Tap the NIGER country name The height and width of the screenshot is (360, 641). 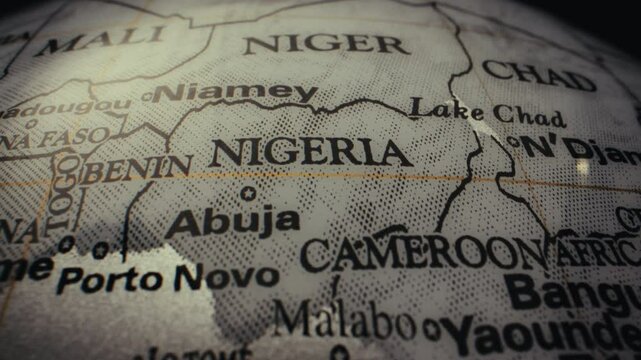pyautogui.click(x=325, y=44)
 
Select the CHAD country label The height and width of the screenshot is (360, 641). pyautogui.click(x=537, y=75)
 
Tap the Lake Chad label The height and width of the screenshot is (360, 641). pyautogui.click(x=486, y=110)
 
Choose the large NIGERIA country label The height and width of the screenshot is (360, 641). pyautogui.click(x=311, y=153)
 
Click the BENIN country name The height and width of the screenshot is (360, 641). pyautogui.click(x=137, y=168)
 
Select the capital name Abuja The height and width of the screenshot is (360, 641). pyautogui.click(x=232, y=219)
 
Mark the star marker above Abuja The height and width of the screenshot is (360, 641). pyautogui.click(x=248, y=193)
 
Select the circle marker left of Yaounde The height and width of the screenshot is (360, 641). pyautogui.click(x=431, y=327)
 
